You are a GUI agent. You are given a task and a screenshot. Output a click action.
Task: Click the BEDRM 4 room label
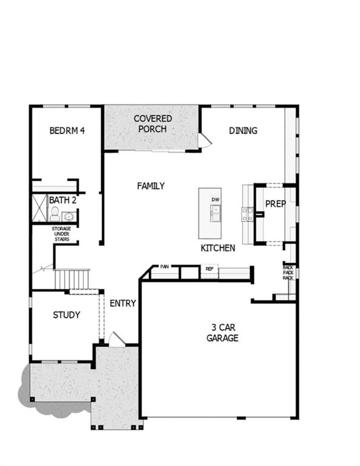(x=67, y=130)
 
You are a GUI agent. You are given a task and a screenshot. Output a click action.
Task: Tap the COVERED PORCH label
(x=153, y=124)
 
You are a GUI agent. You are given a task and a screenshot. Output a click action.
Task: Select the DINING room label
(x=243, y=130)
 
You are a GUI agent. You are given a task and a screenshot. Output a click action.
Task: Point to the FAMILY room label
(x=151, y=186)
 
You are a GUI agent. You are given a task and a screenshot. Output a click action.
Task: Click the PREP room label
(x=275, y=204)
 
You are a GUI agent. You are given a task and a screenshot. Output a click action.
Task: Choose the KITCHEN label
(x=218, y=248)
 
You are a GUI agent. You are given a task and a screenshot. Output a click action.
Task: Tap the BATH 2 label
(x=63, y=200)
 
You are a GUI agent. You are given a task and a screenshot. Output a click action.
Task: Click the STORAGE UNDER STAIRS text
(x=61, y=234)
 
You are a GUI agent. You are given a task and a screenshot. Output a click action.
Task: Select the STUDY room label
(x=66, y=315)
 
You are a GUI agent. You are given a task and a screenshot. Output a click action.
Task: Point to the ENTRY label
(x=122, y=303)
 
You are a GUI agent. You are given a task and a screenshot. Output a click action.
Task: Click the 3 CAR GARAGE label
(x=222, y=333)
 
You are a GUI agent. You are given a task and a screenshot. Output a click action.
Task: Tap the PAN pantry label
(x=165, y=266)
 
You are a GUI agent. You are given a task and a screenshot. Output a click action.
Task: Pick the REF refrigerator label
(x=209, y=268)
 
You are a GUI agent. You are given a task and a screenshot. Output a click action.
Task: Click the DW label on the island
(x=215, y=199)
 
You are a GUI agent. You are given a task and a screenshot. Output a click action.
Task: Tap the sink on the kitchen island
(x=215, y=212)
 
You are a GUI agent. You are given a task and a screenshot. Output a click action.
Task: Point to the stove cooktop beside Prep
(x=248, y=212)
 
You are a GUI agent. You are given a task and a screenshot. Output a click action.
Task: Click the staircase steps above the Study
(x=72, y=280)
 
